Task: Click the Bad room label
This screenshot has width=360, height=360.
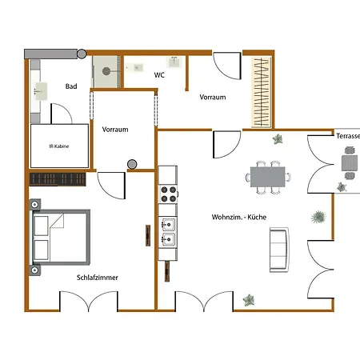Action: (71, 86)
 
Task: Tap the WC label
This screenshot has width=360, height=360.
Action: (159, 75)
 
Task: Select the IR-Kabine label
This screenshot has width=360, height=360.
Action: (59, 146)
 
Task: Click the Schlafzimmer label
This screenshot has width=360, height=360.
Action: (98, 278)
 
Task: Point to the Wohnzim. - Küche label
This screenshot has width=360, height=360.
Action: (239, 217)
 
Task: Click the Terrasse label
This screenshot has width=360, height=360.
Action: (348, 136)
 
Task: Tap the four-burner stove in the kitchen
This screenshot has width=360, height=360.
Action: (169, 194)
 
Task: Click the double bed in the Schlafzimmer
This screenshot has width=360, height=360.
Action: (60, 238)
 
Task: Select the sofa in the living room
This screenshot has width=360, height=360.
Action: (279, 250)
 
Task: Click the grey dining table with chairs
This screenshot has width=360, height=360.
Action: (268, 177)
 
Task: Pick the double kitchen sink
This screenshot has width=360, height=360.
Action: (169, 232)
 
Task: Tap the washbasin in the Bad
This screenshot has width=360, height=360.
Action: (41, 91)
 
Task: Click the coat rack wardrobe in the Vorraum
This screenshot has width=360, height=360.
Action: (262, 92)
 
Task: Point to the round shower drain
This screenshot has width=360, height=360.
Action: (106, 71)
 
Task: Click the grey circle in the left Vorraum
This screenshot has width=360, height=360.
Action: (132, 164)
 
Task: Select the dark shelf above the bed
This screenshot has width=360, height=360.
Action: (58, 179)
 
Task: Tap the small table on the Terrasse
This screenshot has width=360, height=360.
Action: (350, 163)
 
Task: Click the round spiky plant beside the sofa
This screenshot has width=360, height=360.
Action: (318, 217)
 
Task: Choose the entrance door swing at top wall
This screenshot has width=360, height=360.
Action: (227, 66)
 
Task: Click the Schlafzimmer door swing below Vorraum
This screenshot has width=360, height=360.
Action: (111, 186)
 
